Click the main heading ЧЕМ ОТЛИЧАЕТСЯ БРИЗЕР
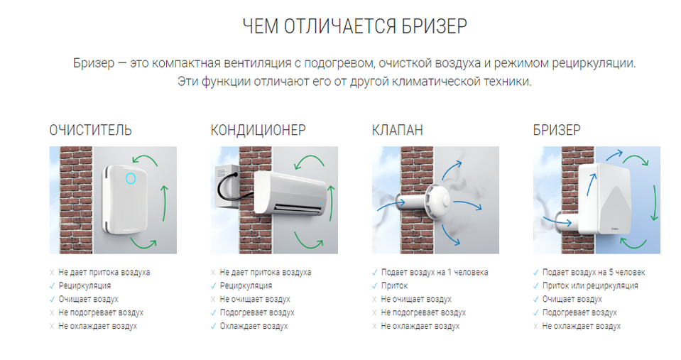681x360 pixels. click(355, 26)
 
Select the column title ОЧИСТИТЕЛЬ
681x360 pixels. click(90, 130)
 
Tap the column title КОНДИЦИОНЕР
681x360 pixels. click(258, 130)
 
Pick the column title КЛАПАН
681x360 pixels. click(398, 130)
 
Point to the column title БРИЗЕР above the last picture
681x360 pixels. click(557, 130)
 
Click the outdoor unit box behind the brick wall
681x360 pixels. click(225, 185)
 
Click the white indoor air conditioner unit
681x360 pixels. click(290, 193)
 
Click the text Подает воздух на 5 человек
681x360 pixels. click(594, 272)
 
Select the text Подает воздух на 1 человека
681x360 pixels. click(435, 272)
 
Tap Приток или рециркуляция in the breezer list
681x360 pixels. click(590, 285)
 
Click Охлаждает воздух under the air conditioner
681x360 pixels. click(254, 326)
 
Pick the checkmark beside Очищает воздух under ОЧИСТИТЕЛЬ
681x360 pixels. click(52, 299)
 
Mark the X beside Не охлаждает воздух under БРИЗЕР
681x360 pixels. click(536, 326)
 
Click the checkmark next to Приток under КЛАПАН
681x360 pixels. click(375, 285)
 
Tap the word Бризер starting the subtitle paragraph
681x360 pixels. click(94, 63)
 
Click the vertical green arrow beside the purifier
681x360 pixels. click(164, 203)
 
